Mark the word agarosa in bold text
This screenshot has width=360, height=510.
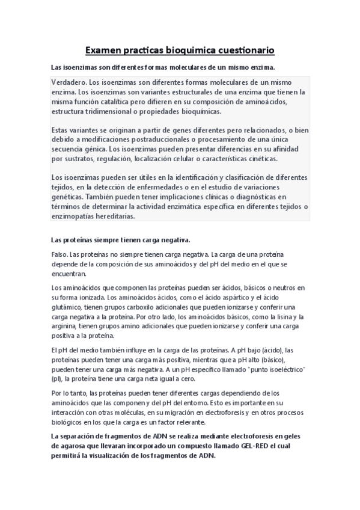point(70,446)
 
